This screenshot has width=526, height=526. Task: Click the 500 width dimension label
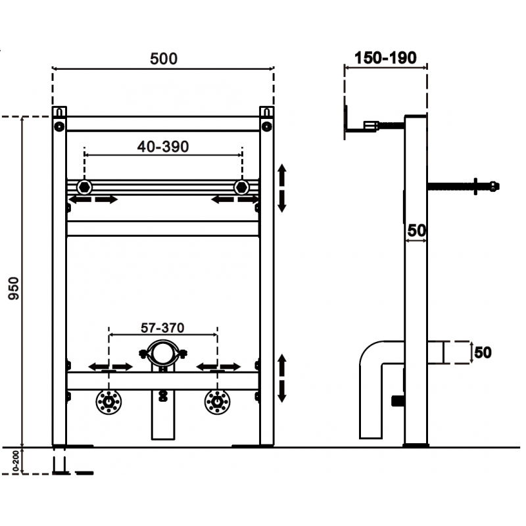163,59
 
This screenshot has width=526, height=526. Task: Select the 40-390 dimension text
163,147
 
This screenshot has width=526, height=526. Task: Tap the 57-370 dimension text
163,327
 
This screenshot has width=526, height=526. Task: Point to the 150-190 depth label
385,58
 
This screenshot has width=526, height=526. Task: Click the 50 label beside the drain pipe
483,352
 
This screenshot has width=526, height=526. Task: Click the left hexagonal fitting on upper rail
84,186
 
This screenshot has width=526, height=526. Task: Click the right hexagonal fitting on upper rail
241,186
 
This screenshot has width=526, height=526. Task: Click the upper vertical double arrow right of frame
282,188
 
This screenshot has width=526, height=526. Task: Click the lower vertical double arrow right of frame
282,378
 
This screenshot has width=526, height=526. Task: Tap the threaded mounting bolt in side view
464,186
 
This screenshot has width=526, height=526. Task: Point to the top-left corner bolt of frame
59,126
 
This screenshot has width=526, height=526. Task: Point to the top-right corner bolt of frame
266,126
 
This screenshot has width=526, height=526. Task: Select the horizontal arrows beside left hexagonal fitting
93,199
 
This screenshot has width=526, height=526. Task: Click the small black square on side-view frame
396,400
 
